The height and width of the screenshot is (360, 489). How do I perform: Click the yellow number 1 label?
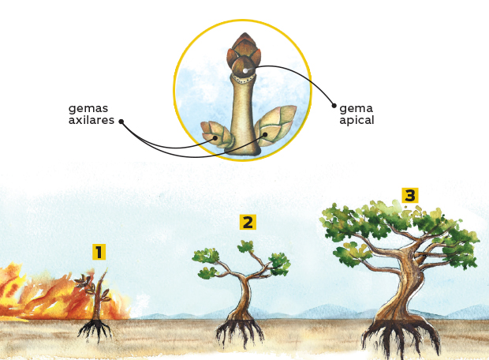[99, 253]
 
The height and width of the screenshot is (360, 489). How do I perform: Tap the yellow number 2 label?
[248, 223]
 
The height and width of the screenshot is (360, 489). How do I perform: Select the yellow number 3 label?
[409, 195]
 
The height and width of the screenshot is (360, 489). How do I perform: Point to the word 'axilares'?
[91, 121]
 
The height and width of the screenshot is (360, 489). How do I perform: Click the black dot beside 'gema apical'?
[334, 105]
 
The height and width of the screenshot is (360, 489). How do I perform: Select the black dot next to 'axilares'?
[121, 121]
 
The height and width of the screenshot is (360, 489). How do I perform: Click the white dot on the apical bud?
[246, 72]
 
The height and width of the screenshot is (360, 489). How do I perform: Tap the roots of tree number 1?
[95, 329]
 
